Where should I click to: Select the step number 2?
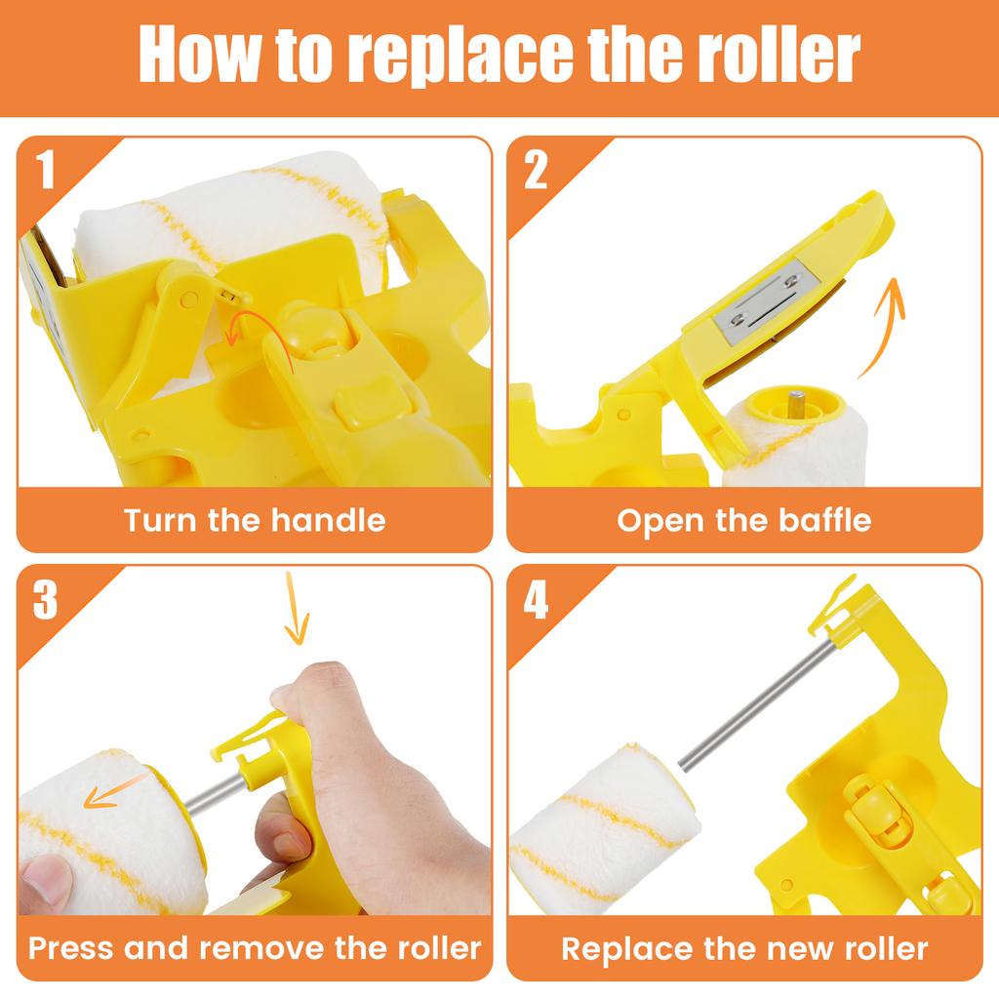536,172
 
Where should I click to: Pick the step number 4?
536,601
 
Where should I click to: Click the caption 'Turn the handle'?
255,519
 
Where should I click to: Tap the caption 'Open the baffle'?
743,519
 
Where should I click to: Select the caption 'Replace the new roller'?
743,947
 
